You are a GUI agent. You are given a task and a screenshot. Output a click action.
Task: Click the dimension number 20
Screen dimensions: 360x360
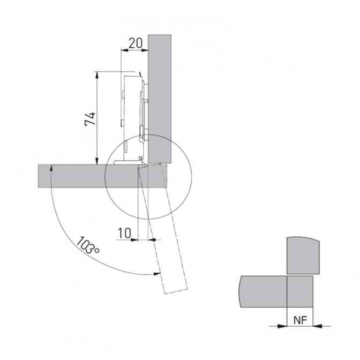136,43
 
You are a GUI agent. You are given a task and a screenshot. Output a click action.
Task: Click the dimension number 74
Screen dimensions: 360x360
90,118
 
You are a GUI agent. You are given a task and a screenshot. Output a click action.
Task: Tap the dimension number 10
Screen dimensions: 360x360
124,233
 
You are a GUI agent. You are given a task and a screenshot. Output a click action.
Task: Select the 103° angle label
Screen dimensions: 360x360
87,245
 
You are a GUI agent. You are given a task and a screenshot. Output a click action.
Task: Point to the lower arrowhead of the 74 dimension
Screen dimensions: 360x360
97,161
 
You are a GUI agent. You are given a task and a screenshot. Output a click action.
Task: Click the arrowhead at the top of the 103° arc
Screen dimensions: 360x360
51,168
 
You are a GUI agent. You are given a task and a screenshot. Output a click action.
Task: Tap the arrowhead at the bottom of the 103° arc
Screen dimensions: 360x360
157,273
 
